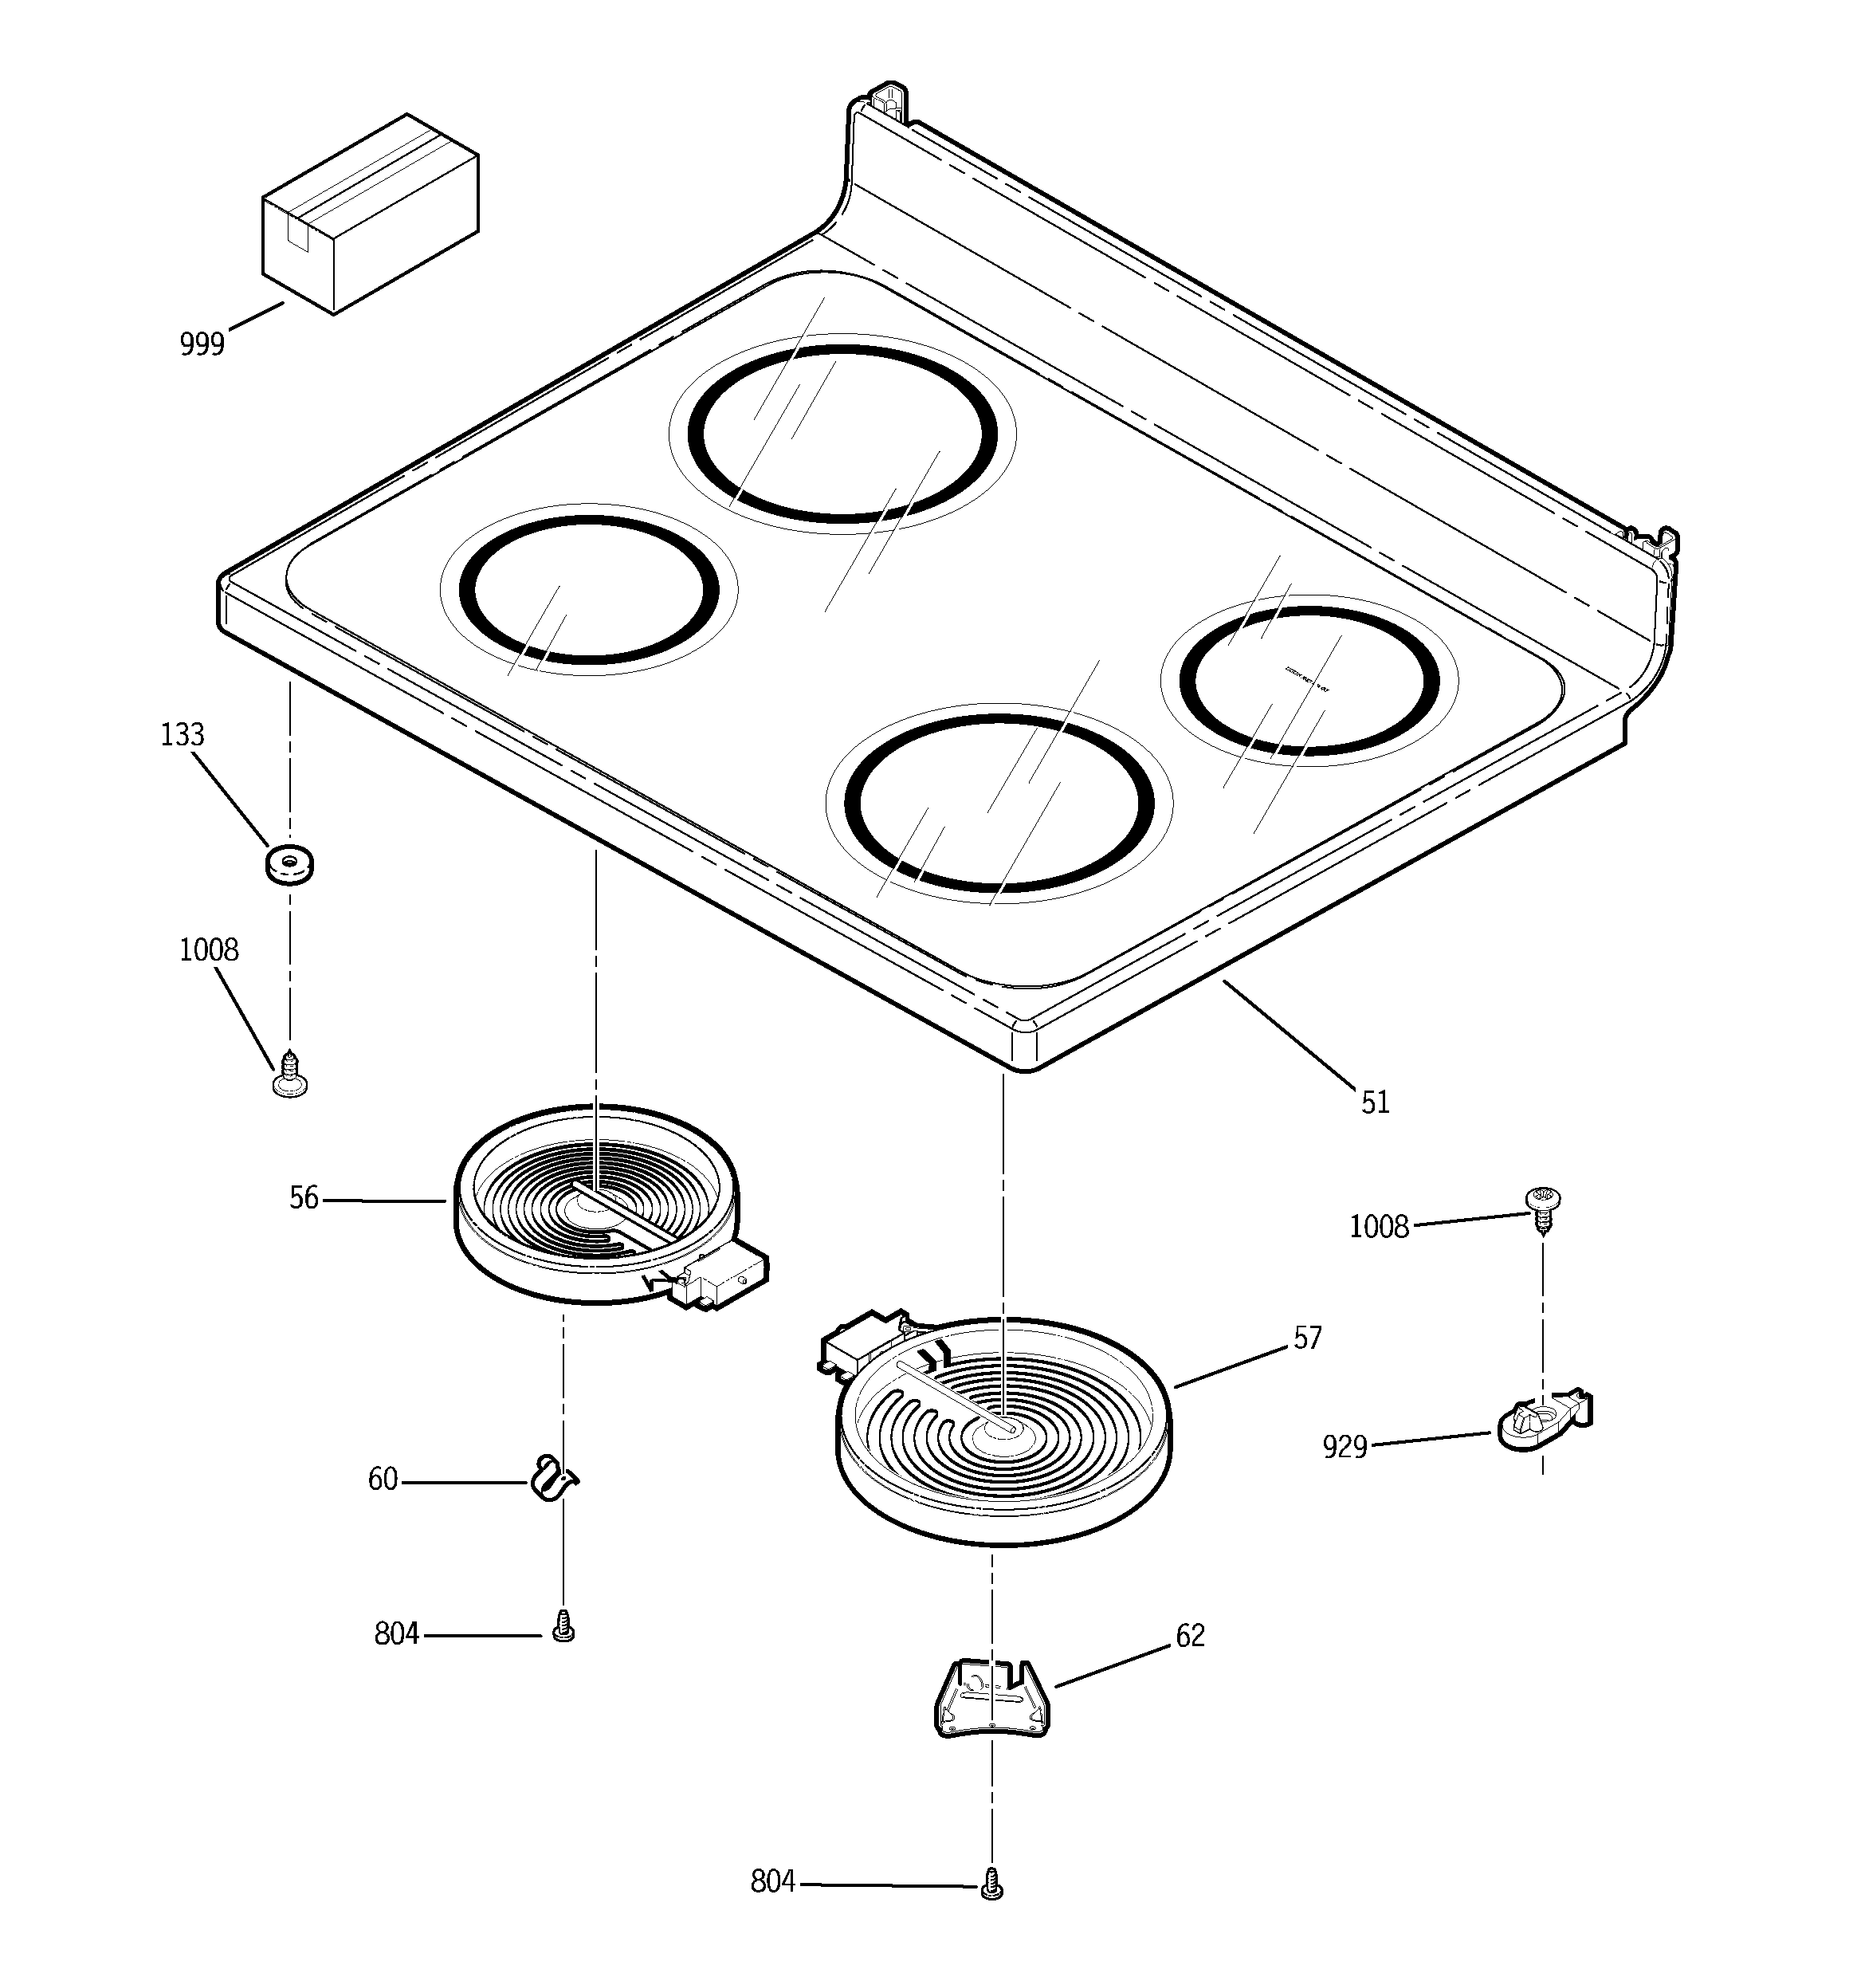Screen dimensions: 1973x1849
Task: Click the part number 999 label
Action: pos(202,344)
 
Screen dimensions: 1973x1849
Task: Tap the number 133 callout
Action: pos(183,736)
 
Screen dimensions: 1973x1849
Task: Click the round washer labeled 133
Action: pos(290,863)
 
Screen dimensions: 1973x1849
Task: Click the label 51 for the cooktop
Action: pos(1375,1102)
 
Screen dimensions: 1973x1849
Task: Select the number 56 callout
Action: pos(304,1199)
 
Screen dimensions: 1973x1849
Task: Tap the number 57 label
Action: pos(1307,1338)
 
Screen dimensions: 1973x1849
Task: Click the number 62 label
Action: pos(1190,1636)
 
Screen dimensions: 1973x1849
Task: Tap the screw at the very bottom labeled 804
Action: pos(991,1884)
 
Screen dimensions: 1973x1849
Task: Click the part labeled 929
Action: pos(1541,1421)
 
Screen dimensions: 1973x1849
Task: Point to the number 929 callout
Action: pos(1345,1448)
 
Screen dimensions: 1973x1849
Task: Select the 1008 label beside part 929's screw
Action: pos(1379,1228)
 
